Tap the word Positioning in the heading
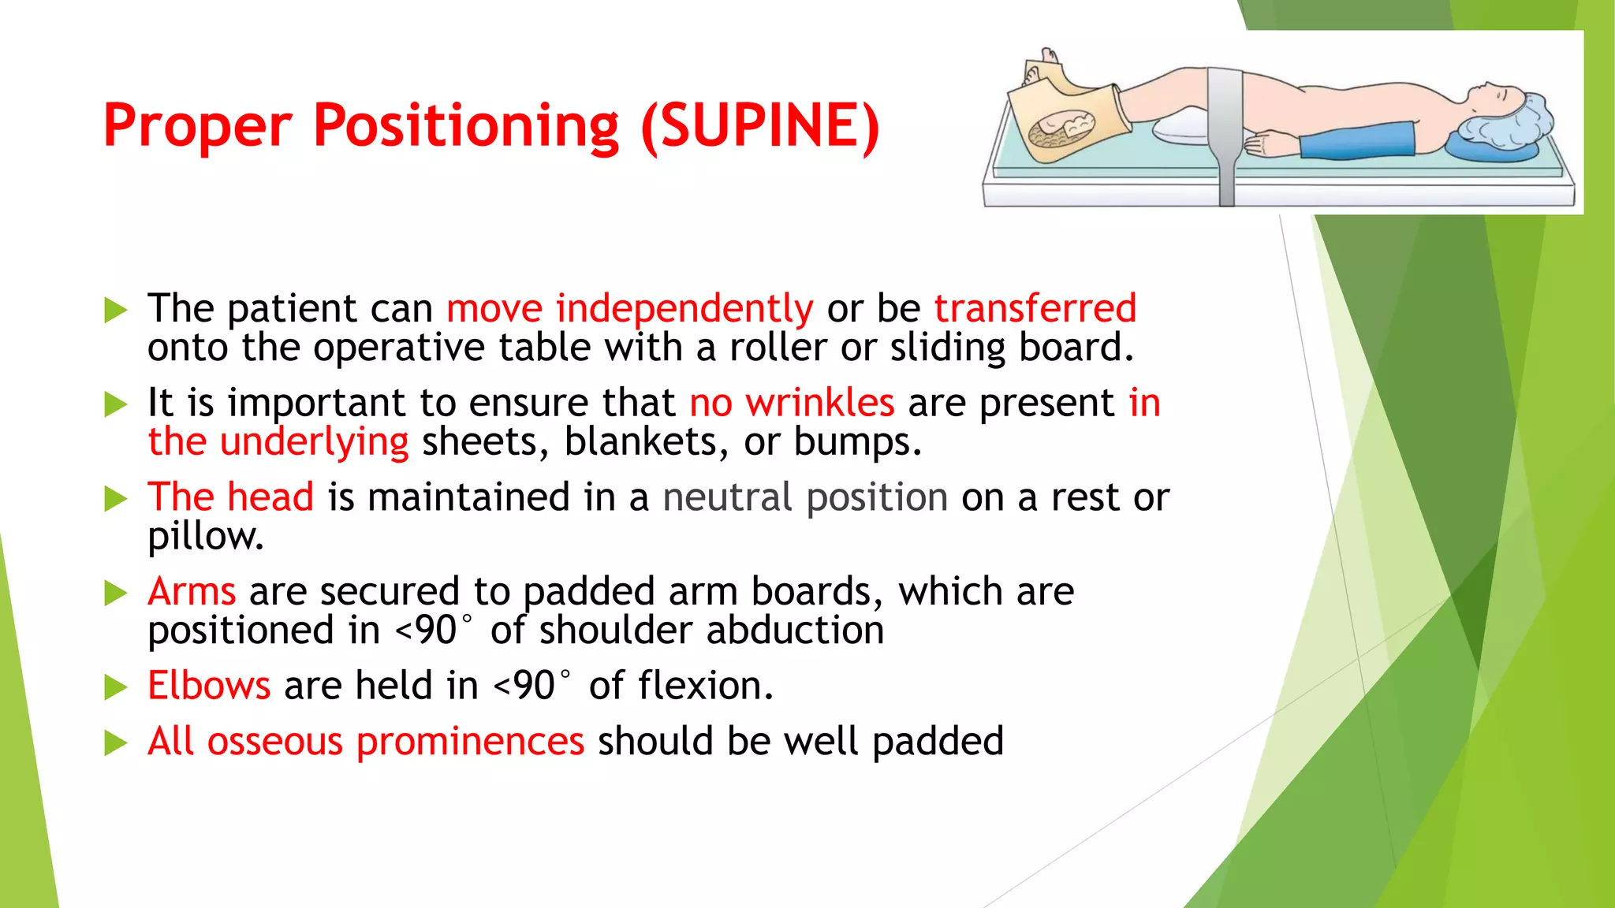click(x=466, y=126)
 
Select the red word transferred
click(x=1035, y=308)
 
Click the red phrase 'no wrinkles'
click(x=792, y=403)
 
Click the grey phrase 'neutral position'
click(x=805, y=497)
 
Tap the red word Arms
click(x=192, y=591)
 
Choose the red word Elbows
click(x=209, y=686)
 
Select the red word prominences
click(x=470, y=742)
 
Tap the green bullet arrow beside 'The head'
click(x=116, y=499)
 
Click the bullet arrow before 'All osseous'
click(x=116, y=742)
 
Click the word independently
click(x=684, y=308)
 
